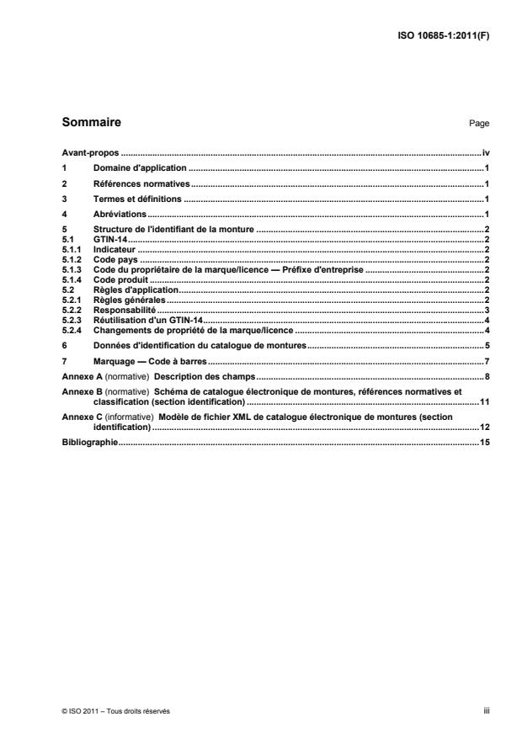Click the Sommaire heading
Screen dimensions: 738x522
click(x=92, y=123)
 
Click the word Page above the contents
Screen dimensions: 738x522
click(x=479, y=124)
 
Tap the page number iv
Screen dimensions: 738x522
click(x=486, y=154)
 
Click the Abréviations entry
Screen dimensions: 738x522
click(x=117, y=215)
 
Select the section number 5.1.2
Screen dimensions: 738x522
click(x=73, y=260)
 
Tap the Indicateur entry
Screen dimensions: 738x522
click(x=114, y=250)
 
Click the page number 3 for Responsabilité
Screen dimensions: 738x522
click(x=487, y=310)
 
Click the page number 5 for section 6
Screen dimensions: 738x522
click(x=487, y=345)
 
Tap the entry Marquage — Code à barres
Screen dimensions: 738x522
click(x=148, y=360)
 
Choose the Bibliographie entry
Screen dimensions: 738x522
click(x=89, y=442)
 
